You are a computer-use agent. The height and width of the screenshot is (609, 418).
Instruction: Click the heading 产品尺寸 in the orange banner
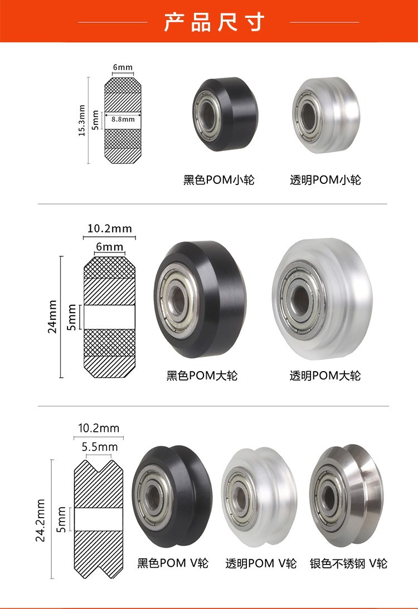214,22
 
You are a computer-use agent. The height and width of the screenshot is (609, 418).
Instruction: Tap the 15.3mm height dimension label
81,120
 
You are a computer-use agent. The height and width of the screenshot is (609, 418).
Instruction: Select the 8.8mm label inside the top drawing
123,119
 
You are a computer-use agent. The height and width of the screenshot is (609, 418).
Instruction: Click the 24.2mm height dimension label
40,520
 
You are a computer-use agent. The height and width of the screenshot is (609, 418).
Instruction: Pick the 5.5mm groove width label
99,447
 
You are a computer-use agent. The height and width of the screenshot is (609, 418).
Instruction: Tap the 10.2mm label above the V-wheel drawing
99,428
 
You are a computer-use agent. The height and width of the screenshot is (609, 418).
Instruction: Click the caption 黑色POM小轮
218,180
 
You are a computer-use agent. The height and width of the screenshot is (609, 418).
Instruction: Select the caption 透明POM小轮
325,180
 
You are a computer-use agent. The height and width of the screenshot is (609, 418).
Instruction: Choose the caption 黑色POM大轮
202,376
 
